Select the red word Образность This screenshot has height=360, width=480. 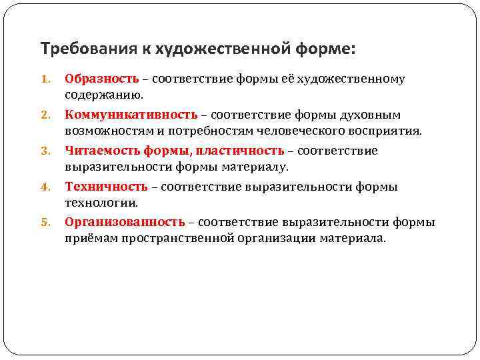click(101, 79)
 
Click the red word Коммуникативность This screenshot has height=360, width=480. click(131, 115)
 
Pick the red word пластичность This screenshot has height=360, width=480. click(242, 151)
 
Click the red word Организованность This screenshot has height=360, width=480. click(125, 222)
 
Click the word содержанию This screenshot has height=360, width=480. click(99, 95)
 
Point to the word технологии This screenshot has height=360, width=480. click(100, 202)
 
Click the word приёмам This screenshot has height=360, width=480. click(91, 238)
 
